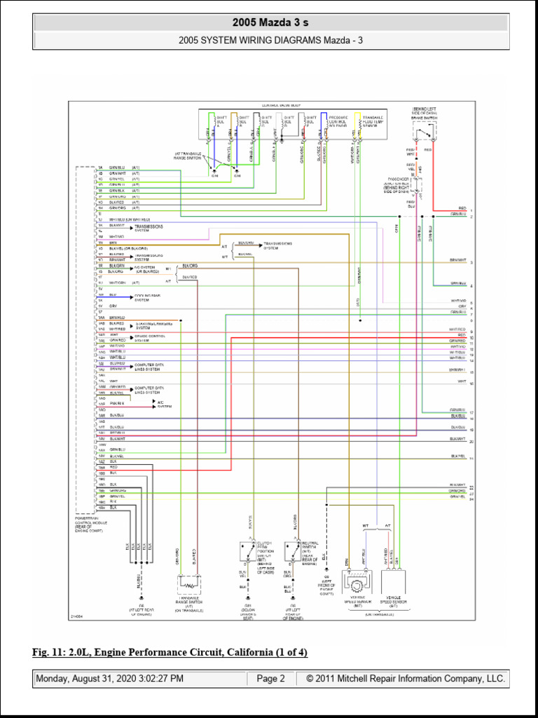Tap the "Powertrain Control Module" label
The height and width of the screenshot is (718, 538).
coord(89,524)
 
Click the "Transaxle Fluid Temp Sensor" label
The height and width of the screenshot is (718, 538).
coord(373,123)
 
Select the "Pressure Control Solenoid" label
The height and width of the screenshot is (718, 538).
coord(338,123)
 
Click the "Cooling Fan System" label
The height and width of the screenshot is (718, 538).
coord(147,298)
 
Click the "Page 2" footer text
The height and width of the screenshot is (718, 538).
coord(270,679)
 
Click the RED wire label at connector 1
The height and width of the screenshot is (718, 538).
coord(462,208)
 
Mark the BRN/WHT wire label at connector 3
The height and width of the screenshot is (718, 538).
coord(457,260)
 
